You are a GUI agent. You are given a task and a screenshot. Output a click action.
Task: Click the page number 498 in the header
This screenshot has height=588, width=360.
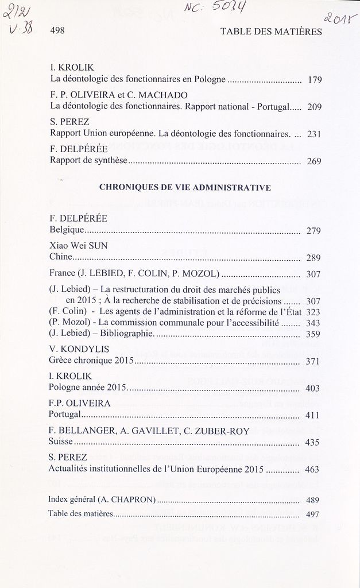point(57,32)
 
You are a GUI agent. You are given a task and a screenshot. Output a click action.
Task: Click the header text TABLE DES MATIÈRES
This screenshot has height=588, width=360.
point(271,32)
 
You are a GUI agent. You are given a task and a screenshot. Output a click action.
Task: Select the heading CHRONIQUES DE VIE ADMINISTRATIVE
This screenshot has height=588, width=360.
point(185,187)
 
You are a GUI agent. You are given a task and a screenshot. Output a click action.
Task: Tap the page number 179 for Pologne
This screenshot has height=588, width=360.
point(314,80)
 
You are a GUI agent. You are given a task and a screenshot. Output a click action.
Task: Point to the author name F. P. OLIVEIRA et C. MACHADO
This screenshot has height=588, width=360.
point(119,95)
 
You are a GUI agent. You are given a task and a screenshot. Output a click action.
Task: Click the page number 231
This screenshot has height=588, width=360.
point(314,134)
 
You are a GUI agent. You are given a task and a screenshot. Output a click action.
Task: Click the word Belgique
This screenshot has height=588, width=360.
point(67,230)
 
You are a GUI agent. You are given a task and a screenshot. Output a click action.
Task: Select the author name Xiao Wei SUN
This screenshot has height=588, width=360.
point(79,245)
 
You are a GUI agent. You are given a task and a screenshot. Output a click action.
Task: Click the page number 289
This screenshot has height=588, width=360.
point(313,258)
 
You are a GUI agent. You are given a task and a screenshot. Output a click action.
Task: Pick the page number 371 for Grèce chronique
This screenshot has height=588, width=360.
point(313,361)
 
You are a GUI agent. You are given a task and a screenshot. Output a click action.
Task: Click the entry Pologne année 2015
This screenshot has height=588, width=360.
point(88,388)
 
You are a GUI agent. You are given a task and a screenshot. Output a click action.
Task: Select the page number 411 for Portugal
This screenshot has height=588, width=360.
point(312,415)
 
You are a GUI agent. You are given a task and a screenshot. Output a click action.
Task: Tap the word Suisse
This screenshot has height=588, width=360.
point(61,442)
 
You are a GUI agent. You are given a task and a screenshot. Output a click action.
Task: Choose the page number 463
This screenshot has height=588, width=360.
point(312,470)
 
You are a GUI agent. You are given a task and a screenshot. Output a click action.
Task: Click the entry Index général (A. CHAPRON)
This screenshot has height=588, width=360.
point(102,499)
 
